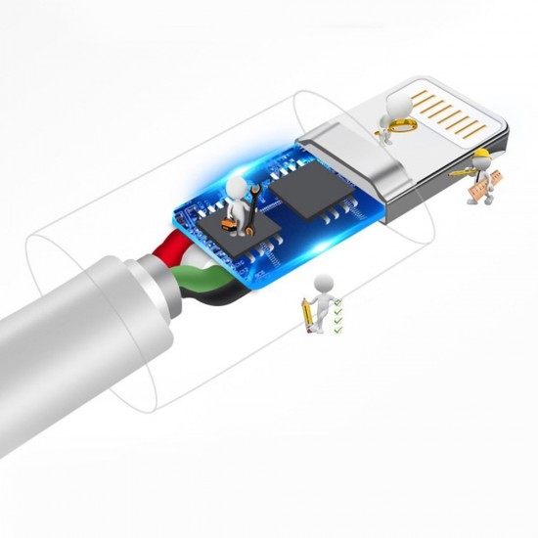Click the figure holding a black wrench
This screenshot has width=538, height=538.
pos(238,201)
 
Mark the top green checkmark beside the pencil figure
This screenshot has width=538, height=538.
pos(338,304)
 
